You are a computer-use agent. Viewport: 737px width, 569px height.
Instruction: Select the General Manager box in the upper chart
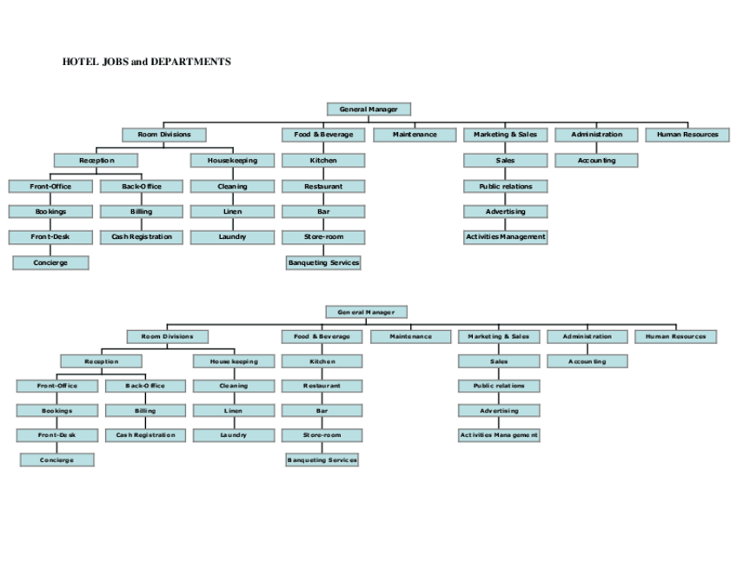[368, 109]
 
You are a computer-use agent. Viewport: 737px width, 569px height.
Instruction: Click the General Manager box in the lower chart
[366, 312]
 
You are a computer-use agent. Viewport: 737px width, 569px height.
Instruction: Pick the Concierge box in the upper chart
[50, 262]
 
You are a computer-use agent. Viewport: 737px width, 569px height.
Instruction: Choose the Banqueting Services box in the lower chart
[322, 460]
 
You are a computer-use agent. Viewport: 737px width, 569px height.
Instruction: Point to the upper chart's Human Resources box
[687, 135]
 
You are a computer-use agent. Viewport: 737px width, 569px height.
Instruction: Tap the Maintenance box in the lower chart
[410, 336]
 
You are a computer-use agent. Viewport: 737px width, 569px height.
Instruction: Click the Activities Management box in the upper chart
[505, 236]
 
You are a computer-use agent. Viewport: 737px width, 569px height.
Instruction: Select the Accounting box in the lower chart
[588, 361]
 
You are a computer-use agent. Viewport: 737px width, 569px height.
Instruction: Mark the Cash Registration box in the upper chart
[142, 236]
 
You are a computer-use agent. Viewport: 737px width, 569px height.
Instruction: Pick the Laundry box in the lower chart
[233, 435]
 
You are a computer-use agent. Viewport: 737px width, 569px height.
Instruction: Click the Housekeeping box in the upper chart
[232, 161]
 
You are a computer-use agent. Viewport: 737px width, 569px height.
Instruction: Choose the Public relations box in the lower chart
[499, 386]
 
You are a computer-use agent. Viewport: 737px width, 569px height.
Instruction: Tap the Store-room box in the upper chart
[323, 236]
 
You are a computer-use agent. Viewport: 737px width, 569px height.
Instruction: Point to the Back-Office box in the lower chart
[144, 386]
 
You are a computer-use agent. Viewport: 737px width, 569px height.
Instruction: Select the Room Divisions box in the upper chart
[164, 135]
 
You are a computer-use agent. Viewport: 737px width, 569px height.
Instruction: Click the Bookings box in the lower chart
[57, 411]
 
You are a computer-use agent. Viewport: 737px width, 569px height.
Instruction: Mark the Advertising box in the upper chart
[505, 211]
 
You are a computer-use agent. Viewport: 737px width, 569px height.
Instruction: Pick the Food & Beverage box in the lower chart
[322, 336]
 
